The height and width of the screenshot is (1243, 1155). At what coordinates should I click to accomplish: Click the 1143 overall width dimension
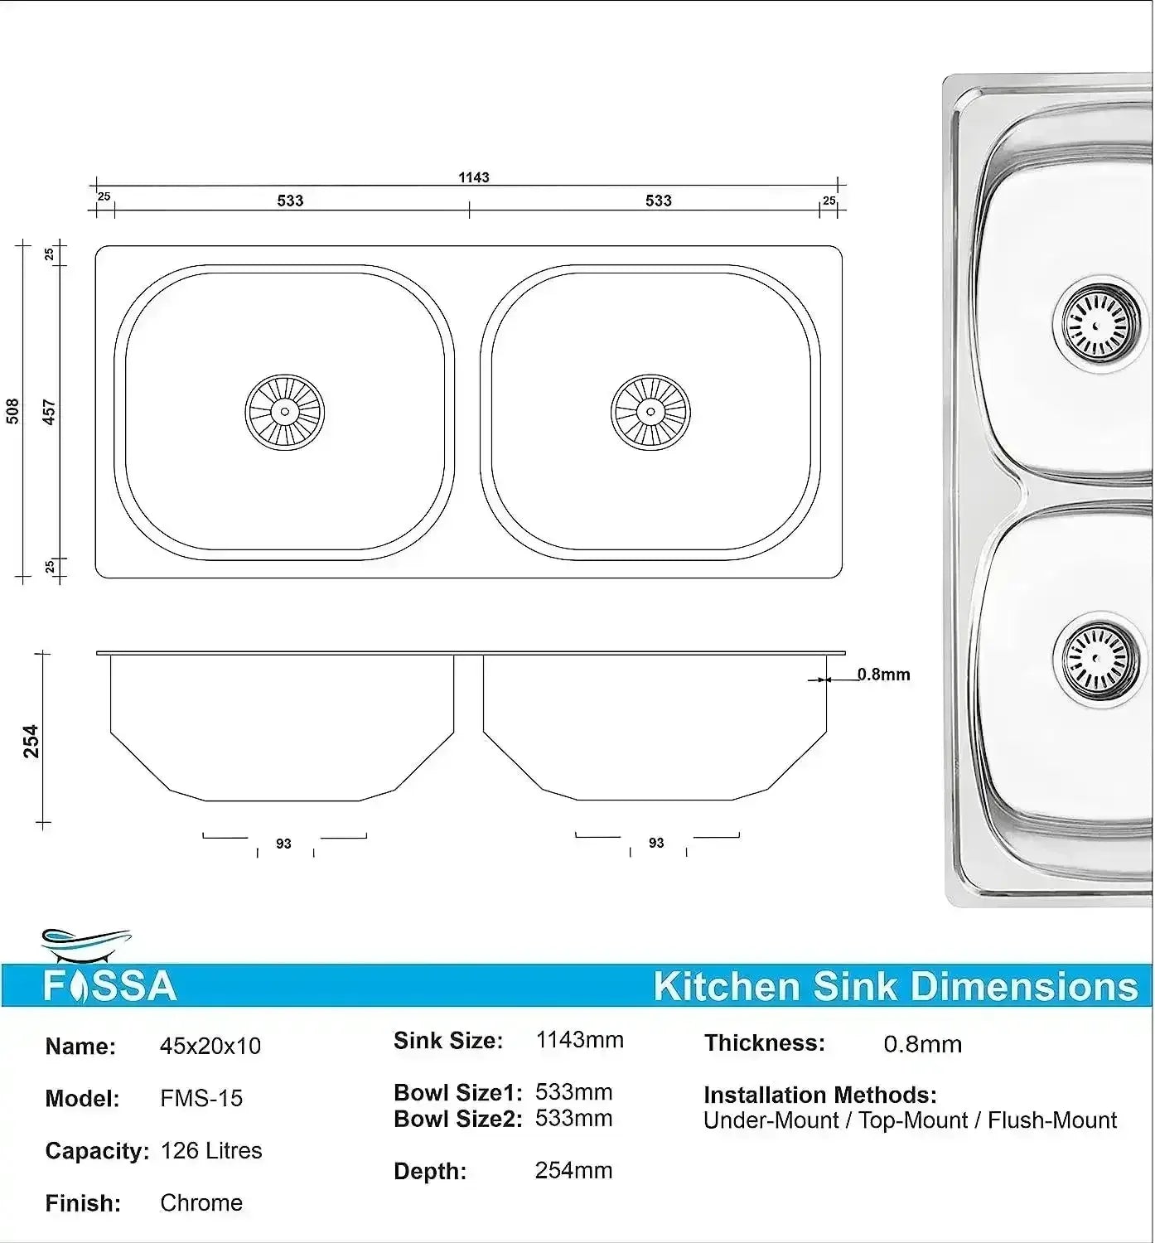(474, 177)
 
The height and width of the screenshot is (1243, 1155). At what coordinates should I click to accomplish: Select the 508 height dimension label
(13, 412)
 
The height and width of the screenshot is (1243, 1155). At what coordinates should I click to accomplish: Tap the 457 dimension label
(49, 412)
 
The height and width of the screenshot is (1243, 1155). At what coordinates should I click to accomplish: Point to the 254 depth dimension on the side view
(31, 741)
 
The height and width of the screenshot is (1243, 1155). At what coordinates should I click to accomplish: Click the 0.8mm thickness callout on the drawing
(883, 675)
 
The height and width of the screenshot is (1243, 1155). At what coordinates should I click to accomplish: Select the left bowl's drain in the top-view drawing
(284, 412)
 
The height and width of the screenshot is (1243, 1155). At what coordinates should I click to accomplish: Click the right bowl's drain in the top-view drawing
(650, 412)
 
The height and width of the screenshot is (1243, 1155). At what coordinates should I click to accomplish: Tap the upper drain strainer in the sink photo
(1101, 324)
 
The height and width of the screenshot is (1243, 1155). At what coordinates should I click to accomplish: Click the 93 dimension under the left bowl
(284, 844)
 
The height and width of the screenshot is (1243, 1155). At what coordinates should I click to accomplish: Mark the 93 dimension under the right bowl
(656, 843)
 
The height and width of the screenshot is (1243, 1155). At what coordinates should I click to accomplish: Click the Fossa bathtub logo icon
(86, 941)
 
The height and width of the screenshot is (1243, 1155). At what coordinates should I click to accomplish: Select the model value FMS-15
(201, 1098)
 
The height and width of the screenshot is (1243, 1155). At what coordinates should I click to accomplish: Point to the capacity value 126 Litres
(211, 1150)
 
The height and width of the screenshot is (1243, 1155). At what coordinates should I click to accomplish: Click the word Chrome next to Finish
(201, 1202)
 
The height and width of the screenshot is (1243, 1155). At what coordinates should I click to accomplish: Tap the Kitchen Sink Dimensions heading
(895, 986)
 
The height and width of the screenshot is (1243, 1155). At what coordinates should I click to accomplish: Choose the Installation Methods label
(819, 1095)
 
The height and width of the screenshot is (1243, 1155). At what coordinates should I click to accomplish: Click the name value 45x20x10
(210, 1046)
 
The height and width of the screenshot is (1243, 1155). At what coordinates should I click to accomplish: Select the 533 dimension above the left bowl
(290, 201)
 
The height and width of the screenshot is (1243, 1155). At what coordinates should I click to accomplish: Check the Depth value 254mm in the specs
(573, 1170)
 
